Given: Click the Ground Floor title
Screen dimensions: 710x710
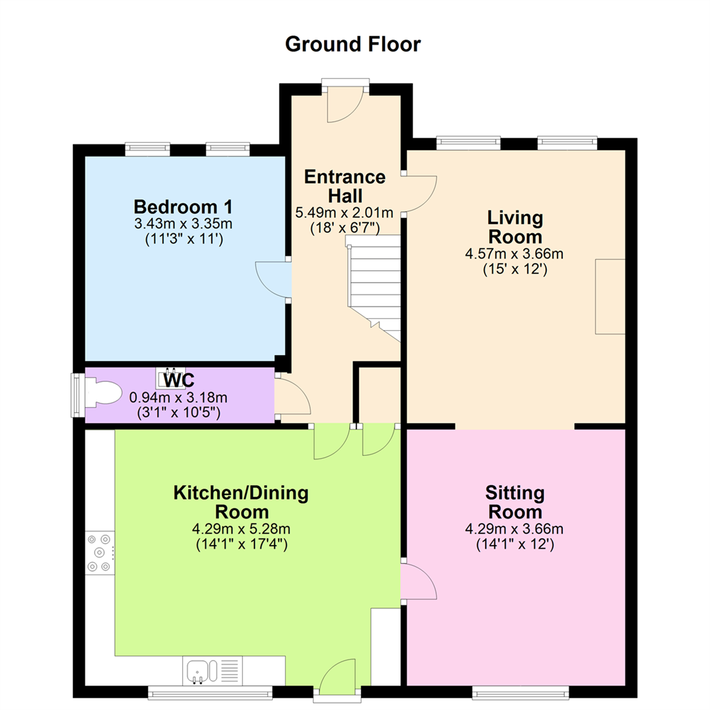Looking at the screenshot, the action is [353, 45].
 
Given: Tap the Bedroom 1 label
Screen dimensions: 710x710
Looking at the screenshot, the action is [183, 207].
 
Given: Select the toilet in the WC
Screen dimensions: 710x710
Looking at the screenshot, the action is [103, 392].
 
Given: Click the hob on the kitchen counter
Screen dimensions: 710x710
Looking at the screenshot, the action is [100, 552].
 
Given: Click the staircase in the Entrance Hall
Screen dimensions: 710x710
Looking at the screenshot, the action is [374, 287].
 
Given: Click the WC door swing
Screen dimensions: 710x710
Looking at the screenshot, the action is [293, 396].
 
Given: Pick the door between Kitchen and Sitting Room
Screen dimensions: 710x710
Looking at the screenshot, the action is [419, 581].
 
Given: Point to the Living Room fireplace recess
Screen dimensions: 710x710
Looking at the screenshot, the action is [610, 296].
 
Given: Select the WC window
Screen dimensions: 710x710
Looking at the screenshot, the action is [78, 395].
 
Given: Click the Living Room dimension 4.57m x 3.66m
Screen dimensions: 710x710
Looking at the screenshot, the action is [514, 254].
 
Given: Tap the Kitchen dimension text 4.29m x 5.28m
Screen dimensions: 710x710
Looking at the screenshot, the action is [241, 529].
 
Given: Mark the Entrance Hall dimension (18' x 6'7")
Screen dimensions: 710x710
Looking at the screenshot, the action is [345, 227].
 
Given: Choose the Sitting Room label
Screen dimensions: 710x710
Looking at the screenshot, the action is [515, 502].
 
